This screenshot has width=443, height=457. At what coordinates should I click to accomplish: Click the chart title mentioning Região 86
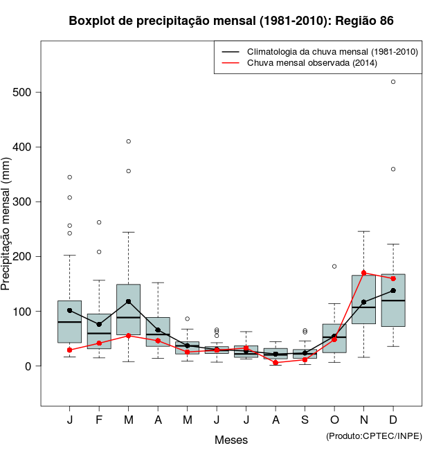point(231,21)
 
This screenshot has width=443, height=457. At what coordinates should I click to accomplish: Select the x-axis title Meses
point(231,440)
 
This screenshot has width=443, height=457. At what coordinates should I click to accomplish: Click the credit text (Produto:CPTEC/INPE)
point(374,436)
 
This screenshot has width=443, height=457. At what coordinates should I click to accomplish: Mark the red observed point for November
point(363,273)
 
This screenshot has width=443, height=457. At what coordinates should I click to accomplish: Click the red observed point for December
point(393,278)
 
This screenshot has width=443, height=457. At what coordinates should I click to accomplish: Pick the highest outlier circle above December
point(393,82)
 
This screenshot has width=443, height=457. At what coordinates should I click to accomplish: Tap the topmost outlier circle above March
point(129,141)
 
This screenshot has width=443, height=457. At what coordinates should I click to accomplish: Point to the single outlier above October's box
point(334,266)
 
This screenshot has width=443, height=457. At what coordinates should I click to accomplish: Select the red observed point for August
point(275,363)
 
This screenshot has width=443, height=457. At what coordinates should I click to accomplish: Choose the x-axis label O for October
point(334,420)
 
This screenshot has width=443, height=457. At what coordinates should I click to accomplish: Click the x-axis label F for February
point(99,420)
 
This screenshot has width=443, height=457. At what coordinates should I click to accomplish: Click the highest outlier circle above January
point(70,177)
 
